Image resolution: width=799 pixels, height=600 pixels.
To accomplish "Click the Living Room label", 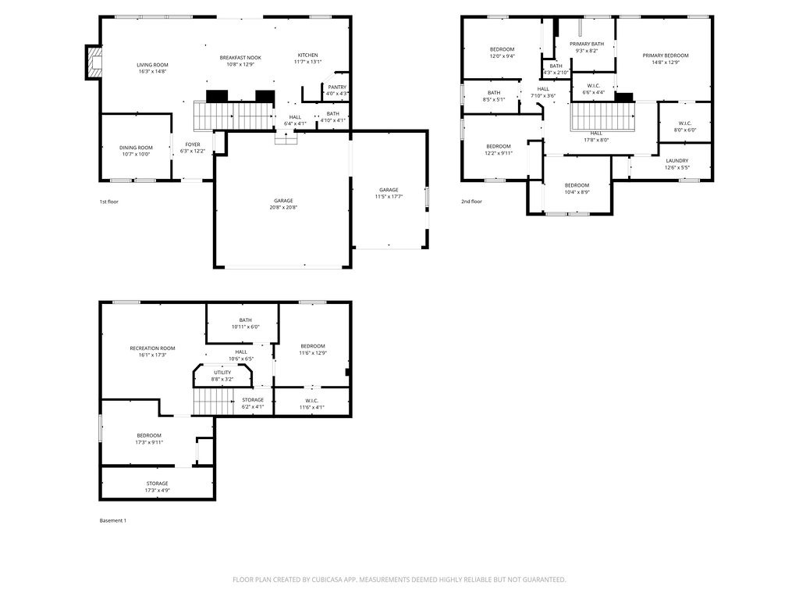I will [152, 66].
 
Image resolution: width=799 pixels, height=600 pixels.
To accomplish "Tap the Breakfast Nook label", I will [240, 58].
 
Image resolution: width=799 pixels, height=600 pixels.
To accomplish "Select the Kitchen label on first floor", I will [307, 55].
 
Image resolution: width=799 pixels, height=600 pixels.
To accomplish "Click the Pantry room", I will [337, 90].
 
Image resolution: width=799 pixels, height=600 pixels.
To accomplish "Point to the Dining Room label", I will [136, 148].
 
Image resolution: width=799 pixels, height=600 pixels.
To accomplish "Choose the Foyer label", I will [192, 145].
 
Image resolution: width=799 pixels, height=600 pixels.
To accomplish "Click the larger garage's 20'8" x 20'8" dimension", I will [283, 207].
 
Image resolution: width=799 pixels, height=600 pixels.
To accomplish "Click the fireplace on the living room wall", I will [94, 62].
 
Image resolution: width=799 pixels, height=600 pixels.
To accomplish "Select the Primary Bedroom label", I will [666, 55].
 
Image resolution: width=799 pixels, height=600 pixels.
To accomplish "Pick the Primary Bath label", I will [586, 45].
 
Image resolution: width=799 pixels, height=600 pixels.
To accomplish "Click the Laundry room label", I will [676, 161].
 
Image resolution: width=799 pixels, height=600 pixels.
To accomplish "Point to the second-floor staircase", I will [603, 118].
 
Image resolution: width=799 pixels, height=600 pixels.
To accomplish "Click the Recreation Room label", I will [152, 348].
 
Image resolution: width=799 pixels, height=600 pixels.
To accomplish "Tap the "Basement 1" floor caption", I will [113, 520].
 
